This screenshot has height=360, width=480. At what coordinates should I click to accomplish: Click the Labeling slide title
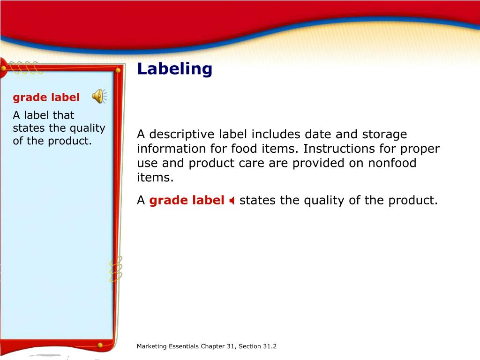click(174, 69)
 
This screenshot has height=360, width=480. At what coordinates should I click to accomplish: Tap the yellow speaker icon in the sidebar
click(98, 96)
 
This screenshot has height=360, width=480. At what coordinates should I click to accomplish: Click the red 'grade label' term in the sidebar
click(46, 97)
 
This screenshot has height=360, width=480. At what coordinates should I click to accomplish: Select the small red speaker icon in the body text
click(232, 201)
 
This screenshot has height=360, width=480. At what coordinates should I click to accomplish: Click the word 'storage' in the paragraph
click(384, 135)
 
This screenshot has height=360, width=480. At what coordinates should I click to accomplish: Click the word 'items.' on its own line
click(155, 178)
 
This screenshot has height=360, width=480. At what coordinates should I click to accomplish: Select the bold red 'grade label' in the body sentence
click(187, 201)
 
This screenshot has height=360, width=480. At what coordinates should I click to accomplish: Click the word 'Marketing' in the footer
click(151, 346)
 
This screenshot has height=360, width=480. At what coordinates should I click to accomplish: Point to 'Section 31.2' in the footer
click(257, 346)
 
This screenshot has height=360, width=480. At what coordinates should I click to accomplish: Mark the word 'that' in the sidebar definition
click(63, 115)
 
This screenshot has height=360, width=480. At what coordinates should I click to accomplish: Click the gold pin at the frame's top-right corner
click(118, 70)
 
